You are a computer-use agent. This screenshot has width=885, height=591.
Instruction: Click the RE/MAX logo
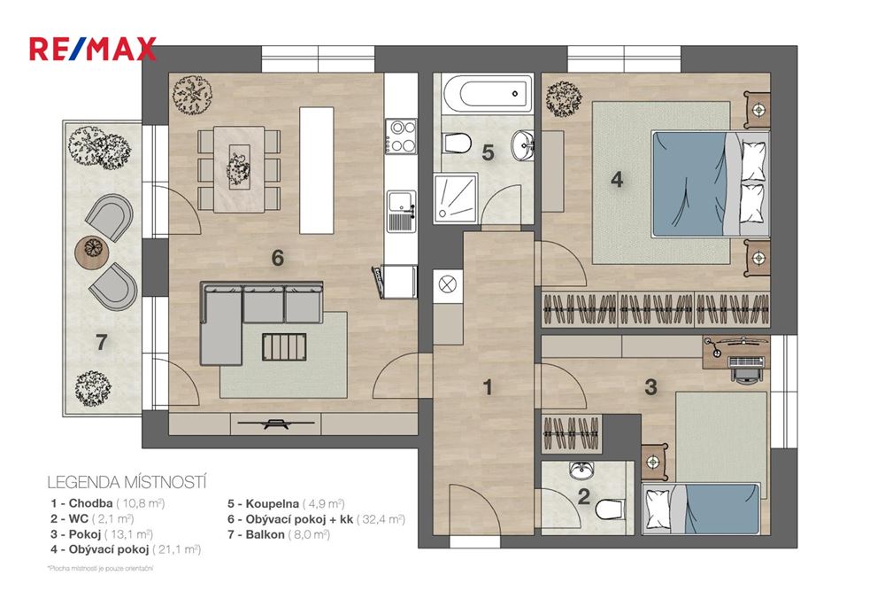[93, 48]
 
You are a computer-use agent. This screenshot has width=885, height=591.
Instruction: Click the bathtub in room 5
[483, 92]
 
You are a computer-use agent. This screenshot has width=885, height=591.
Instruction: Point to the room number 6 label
[277, 258]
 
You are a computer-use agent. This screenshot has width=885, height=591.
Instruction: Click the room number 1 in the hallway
[488, 386]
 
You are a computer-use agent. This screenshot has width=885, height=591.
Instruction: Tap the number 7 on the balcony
[100, 342]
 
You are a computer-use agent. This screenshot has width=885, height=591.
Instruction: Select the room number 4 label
[617, 179]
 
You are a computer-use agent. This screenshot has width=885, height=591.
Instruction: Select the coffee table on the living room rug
[284, 346]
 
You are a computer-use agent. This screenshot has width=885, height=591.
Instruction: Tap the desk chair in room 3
[745, 367]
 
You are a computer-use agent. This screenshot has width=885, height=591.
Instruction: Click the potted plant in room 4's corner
[561, 97]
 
